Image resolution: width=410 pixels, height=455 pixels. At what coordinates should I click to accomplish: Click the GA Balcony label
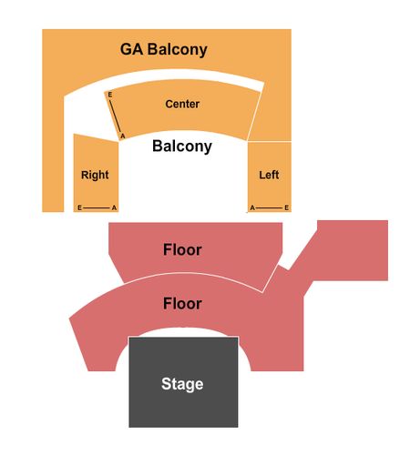click(x=164, y=49)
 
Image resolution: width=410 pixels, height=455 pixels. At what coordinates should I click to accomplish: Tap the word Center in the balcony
click(x=182, y=104)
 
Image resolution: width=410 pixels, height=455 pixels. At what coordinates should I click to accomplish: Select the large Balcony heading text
click(x=182, y=147)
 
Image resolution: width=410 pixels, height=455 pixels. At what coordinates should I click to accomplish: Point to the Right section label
click(x=95, y=175)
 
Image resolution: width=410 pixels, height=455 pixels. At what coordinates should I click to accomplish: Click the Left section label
click(x=269, y=175)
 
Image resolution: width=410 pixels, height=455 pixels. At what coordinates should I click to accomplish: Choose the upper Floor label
click(x=182, y=249)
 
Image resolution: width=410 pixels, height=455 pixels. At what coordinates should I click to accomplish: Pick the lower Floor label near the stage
click(x=182, y=304)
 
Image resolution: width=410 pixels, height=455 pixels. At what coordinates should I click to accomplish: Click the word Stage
click(x=182, y=384)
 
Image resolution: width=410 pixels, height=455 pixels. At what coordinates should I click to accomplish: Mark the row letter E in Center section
click(x=110, y=95)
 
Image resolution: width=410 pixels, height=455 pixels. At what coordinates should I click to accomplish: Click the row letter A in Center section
click(x=123, y=136)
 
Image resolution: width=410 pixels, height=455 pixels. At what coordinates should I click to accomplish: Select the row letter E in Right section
click(x=79, y=207)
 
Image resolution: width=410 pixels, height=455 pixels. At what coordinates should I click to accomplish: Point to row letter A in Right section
click(x=114, y=207)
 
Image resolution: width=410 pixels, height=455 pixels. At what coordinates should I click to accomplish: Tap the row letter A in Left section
click(x=252, y=207)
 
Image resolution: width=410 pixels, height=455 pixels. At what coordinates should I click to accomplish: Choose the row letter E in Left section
click(x=286, y=207)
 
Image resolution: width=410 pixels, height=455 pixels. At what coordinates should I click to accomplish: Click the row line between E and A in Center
click(x=116, y=116)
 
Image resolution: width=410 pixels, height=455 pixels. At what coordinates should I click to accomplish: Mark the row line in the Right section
click(x=97, y=207)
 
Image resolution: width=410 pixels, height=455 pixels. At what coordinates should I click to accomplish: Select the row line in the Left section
click(x=270, y=207)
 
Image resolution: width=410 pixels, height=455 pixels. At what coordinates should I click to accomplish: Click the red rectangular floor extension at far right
click(x=353, y=250)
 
